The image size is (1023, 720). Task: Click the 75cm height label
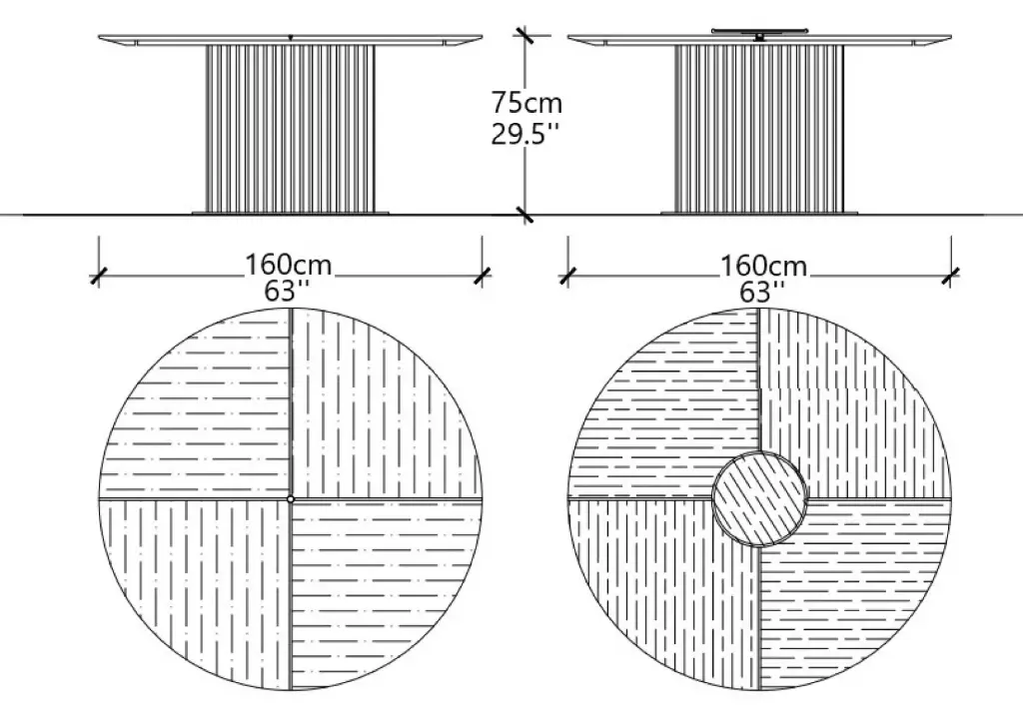click(x=525, y=103)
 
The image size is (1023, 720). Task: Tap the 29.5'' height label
click(x=525, y=135)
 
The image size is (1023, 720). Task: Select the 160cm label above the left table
click(x=289, y=265)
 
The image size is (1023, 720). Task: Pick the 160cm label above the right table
click(x=763, y=266)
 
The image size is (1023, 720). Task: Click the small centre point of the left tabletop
click(x=291, y=499)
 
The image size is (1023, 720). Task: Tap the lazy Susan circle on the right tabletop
click(x=759, y=499)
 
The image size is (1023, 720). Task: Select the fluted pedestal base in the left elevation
click(x=291, y=129)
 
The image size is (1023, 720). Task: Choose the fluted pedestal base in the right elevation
click(x=759, y=129)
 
